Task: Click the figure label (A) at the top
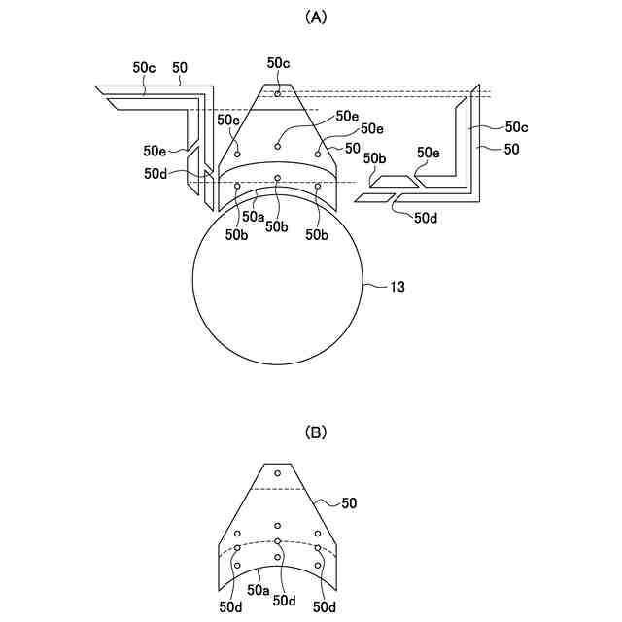(x=315, y=17)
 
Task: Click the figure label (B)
(x=315, y=432)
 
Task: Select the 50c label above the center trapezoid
(x=279, y=63)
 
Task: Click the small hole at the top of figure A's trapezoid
(x=278, y=94)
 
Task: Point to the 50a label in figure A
(x=254, y=217)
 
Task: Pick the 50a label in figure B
(x=258, y=590)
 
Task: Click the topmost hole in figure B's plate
(x=278, y=473)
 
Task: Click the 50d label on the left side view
(x=155, y=174)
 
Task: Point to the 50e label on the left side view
(x=155, y=151)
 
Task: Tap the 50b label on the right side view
(x=376, y=157)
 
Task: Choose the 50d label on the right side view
(x=426, y=218)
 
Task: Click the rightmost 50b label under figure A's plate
(x=316, y=234)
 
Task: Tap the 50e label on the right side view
(x=429, y=153)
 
